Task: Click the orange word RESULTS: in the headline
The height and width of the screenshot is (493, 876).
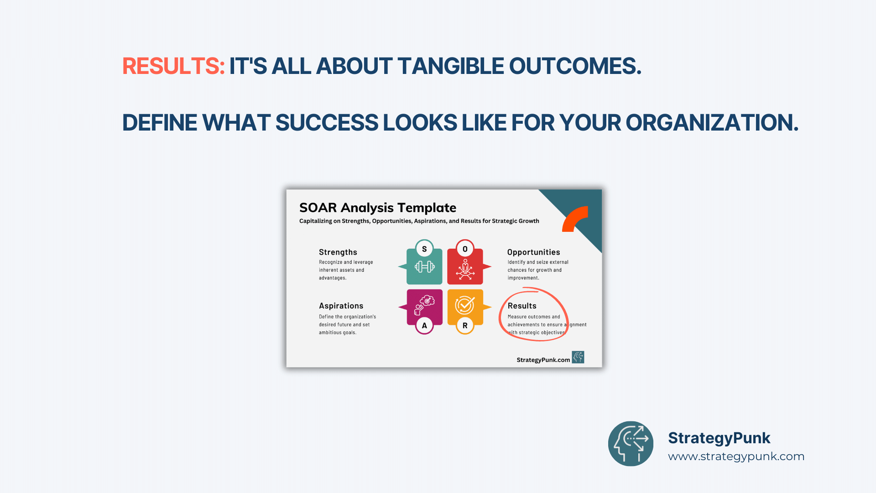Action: click(x=173, y=66)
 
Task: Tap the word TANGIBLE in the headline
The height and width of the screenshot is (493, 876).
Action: click(x=450, y=66)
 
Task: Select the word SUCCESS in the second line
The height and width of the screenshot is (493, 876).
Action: click(x=327, y=123)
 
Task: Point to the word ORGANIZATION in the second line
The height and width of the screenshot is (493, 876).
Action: click(x=712, y=123)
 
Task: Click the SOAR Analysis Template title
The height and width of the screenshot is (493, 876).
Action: click(x=378, y=208)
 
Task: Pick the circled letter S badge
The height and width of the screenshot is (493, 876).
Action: click(x=424, y=249)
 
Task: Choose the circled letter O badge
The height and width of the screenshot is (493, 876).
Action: click(x=465, y=249)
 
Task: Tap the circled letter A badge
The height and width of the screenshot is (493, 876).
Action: click(x=424, y=325)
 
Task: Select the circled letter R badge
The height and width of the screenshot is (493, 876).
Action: click(x=465, y=325)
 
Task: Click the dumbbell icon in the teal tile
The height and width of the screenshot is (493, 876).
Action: click(x=424, y=267)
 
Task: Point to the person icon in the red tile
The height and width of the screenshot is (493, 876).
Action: click(x=465, y=269)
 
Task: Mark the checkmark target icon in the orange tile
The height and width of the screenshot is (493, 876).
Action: click(x=465, y=305)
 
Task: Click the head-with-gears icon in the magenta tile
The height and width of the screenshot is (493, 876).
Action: click(x=424, y=305)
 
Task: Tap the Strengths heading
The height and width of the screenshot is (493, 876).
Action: click(x=338, y=252)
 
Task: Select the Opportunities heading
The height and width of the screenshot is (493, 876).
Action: click(x=533, y=252)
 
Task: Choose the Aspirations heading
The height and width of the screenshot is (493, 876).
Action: click(x=341, y=306)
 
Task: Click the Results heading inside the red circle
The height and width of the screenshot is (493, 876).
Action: click(x=522, y=306)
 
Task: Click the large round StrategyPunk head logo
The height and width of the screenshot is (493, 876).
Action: click(x=631, y=444)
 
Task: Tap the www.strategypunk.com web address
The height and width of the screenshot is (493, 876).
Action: click(x=736, y=456)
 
